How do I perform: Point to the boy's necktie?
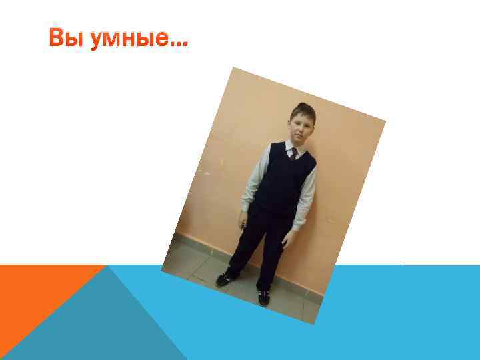tap(293, 154)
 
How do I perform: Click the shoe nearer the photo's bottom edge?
tap(264, 298)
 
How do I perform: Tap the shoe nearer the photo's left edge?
tap(225, 277)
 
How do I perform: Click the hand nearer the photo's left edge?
tap(243, 219)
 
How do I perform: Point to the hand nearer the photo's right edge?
tap(289, 238)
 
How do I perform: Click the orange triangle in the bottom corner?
tap(33, 293)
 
